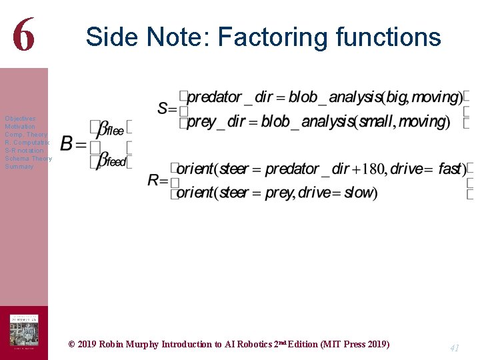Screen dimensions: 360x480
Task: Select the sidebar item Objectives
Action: coord(20,119)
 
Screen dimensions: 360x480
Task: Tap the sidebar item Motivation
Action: coord(20,127)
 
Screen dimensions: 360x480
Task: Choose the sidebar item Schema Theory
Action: coord(28,159)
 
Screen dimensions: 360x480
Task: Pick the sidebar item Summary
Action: coord(19,167)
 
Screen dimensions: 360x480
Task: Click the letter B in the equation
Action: coord(67,143)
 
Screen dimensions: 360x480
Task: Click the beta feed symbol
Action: coord(111,161)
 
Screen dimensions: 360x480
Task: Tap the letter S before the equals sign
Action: coord(163,108)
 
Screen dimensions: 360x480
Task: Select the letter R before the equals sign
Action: coord(154,180)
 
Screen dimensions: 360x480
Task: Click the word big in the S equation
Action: coord(396,97)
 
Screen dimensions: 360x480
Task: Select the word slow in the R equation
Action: coord(360,193)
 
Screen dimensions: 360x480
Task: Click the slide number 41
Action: coord(455,347)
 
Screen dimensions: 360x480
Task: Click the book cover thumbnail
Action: coord(23,331)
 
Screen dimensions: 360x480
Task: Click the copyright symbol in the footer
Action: coord(72,345)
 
